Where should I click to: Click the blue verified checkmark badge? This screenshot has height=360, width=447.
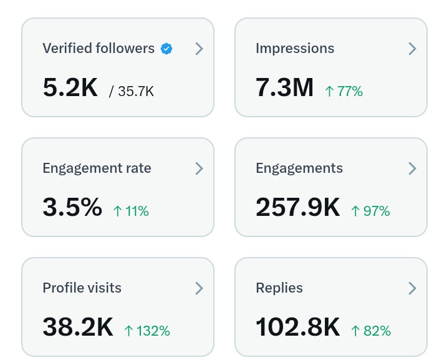pyautogui.click(x=166, y=49)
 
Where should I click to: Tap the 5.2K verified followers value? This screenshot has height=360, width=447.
pyautogui.click(x=70, y=88)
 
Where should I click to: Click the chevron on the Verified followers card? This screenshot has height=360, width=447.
pyautogui.click(x=199, y=49)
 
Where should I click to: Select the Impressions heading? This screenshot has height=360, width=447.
pyautogui.click(x=295, y=49)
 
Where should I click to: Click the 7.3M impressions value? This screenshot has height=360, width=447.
pyautogui.click(x=284, y=88)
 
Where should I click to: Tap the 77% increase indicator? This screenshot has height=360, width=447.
pyautogui.click(x=344, y=91)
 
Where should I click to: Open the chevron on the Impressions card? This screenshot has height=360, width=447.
pyautogui.click(x=412, y=49)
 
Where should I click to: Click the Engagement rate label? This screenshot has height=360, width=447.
pyautogui.click(x=97, y=168)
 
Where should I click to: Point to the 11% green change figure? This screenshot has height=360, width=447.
pyautogui.click(x=131, y=211)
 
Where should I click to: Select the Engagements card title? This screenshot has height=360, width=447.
pyautogui.click(x=299, y=168)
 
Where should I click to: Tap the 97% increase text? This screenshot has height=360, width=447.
pyautogui.click(x=370, y=211)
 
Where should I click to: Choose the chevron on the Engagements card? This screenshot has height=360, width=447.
pyautogui.click(x=412, y=168)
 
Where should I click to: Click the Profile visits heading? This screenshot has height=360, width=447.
pyautogui.click(x=82, y=288)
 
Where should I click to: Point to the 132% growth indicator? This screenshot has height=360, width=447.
pyautogui.click(x=147, y=331)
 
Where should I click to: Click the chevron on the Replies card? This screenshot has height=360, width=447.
pyautogui.click(x=412, y=288)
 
